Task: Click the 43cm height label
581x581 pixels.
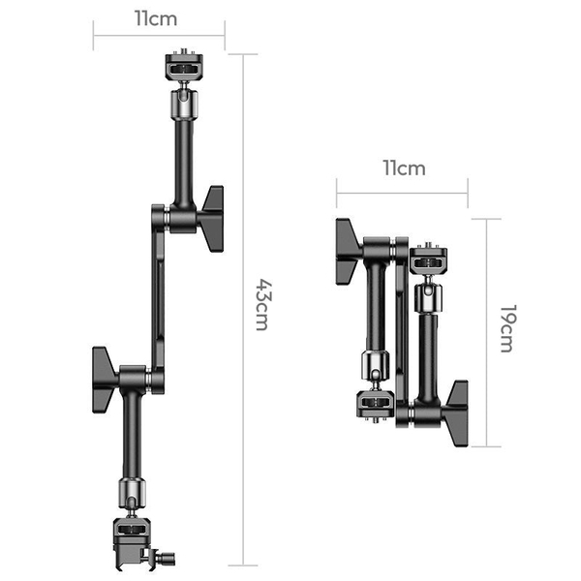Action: [x=261, y=305]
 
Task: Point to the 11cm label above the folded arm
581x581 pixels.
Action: [x=403, y=168]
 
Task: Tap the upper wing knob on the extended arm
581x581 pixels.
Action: [x=211, y=206]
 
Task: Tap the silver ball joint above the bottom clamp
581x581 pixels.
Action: [x=130, y=493]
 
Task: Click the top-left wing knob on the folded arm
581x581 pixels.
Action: [x=348, y=251]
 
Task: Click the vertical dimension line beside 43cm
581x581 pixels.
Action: [x=242, y=310]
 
